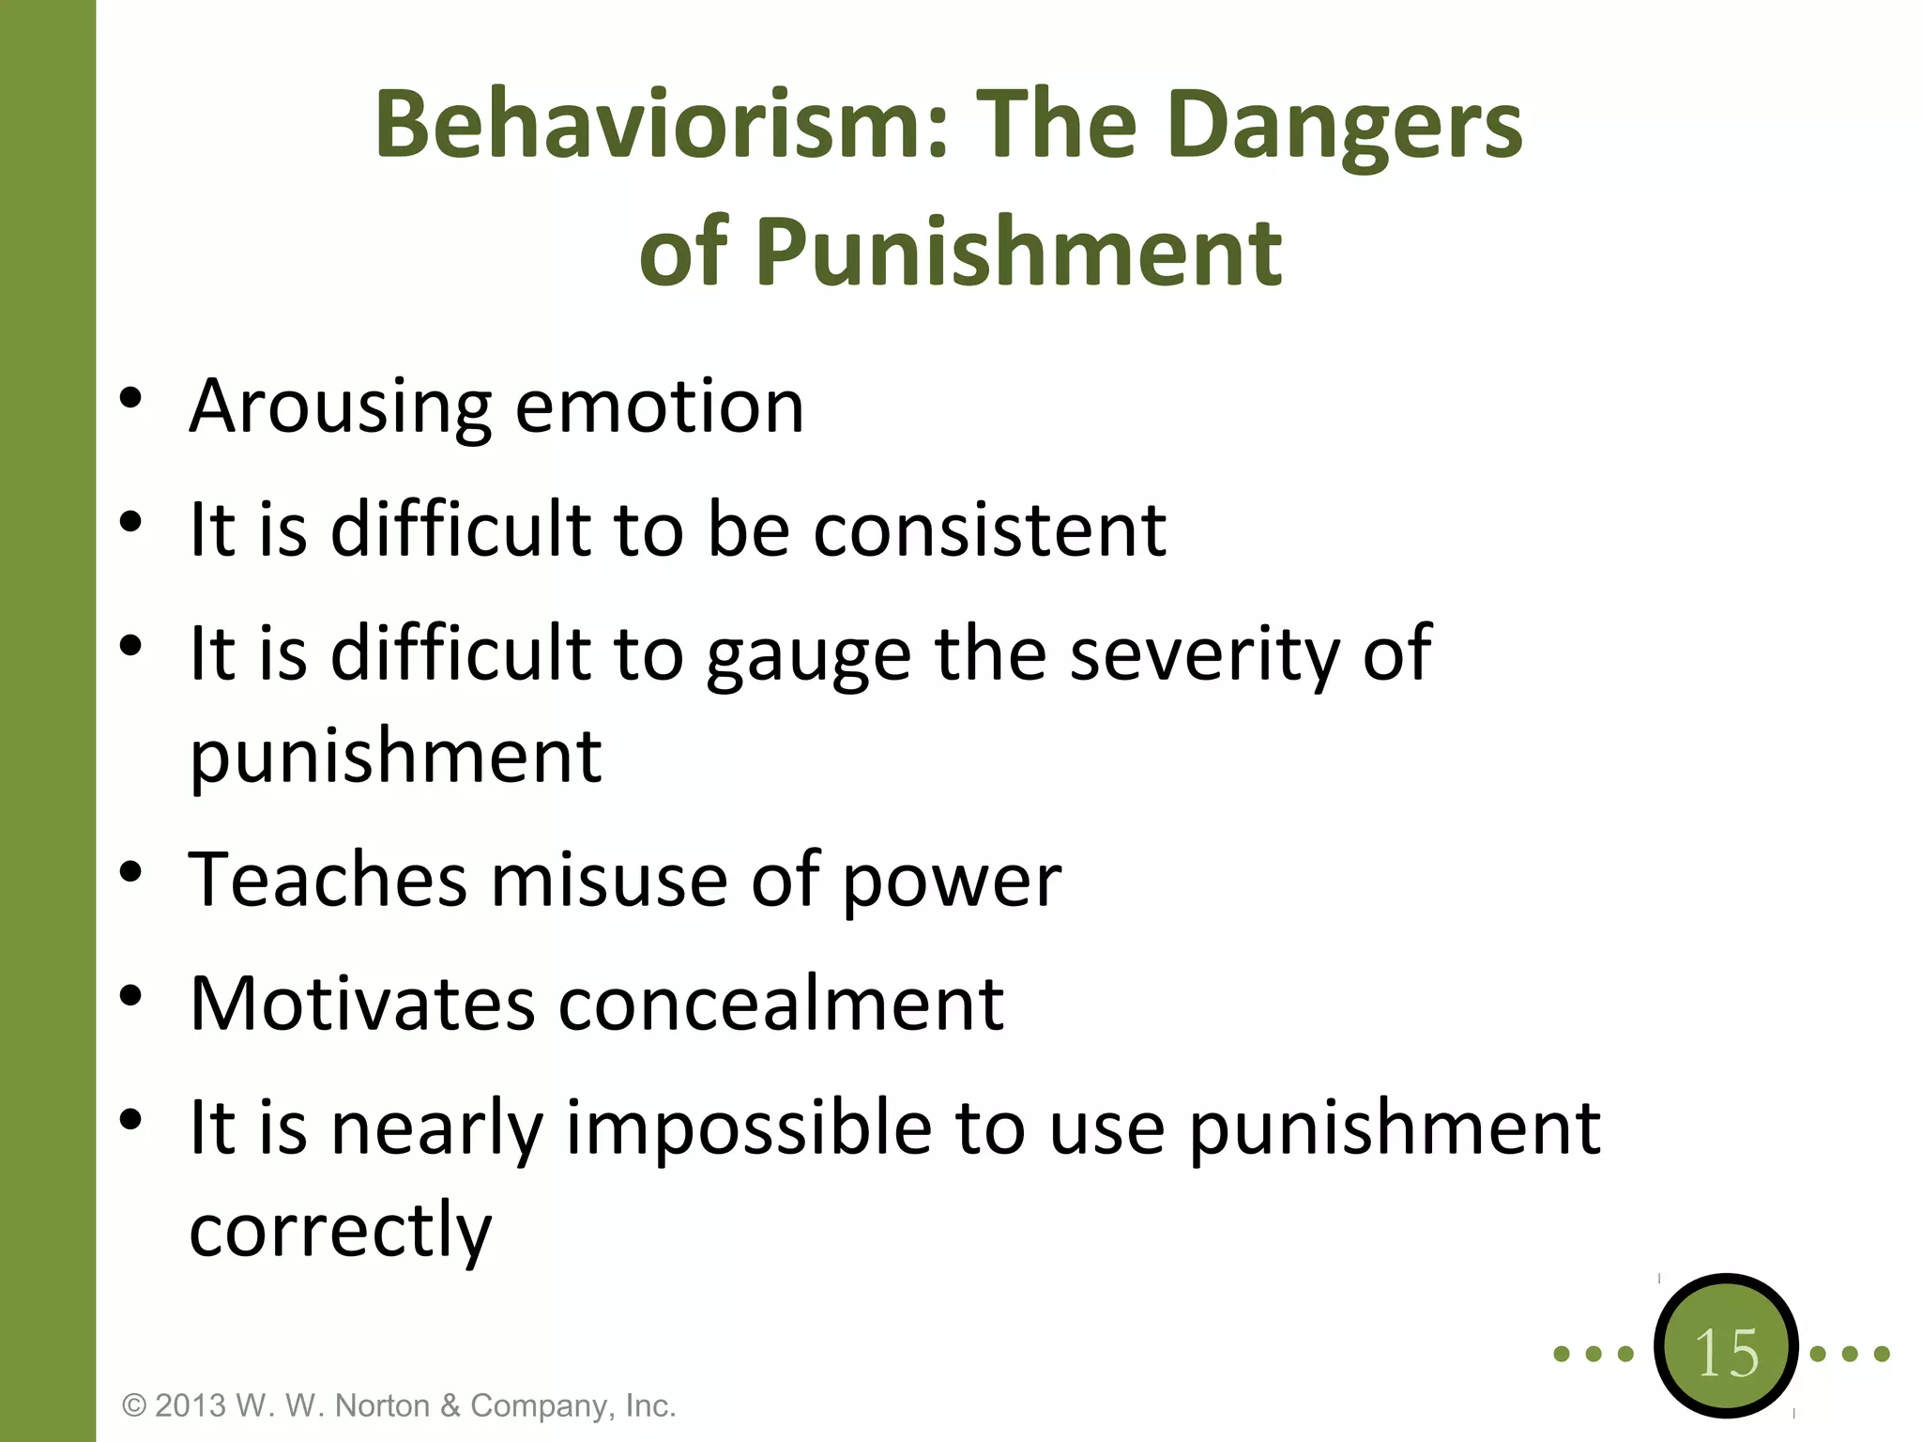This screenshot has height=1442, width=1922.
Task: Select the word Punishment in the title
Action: coord(1018,252)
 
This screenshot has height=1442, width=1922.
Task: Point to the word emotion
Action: coord(660,407)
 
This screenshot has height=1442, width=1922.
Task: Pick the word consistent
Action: coord(989,529)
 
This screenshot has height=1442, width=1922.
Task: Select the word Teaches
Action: coord(328,880)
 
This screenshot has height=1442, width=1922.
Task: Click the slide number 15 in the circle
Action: coord(1726,1353)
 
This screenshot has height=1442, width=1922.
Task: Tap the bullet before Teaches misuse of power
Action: coord(130,871)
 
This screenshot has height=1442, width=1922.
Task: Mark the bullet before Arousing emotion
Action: coord(130,398)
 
